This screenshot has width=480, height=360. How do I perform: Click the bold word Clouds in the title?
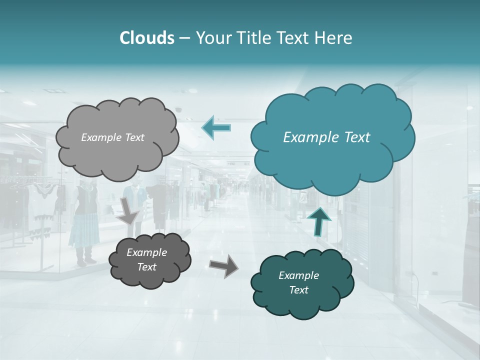coord(146,38)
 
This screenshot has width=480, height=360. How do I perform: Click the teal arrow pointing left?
coord(216,127)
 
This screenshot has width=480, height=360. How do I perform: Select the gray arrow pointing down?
coord(128,210)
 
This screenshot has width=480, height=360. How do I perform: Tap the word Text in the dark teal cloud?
coord(298,290)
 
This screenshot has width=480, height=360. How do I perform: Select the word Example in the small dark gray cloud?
coord(147,252)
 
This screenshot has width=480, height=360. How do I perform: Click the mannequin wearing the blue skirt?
coord(85,220)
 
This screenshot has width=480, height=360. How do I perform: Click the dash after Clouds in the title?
coord(184,38)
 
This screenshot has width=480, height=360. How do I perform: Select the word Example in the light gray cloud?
coord(99,137)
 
